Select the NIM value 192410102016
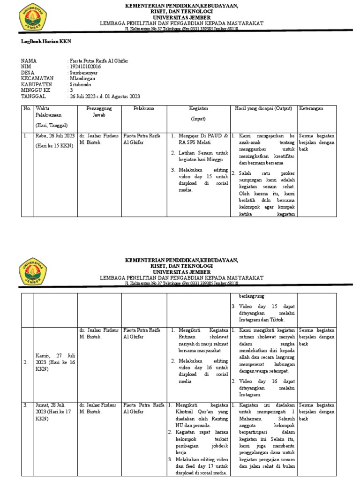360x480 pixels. click(85, 67)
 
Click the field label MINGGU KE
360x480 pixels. click(35, 90)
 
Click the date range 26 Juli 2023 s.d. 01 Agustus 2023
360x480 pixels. click(105, 97)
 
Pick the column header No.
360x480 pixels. click(26, 108)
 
